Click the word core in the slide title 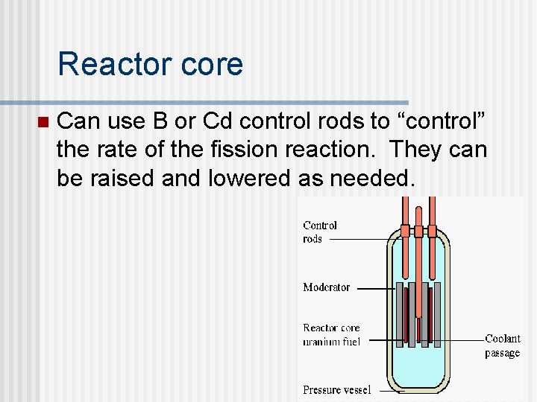click(x=215, y=64)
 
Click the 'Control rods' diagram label click(x=320, y=232)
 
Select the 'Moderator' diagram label click(x=326, y=287)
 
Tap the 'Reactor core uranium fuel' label click(x=331, y=334)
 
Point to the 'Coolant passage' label click(x=502, y=345)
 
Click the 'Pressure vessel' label click(x=337, y=389)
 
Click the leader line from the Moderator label click(x=373, y=287)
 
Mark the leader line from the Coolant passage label click(x=462, y=339)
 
